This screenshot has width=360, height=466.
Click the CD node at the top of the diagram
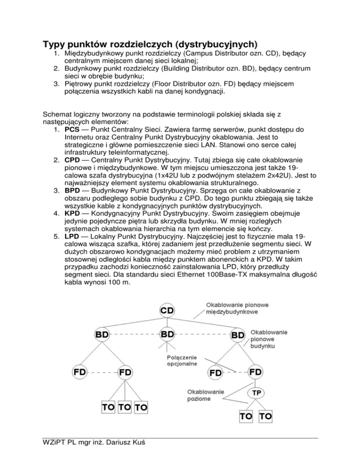167,311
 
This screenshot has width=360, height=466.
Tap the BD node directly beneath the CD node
167,335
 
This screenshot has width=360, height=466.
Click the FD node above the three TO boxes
125,372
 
